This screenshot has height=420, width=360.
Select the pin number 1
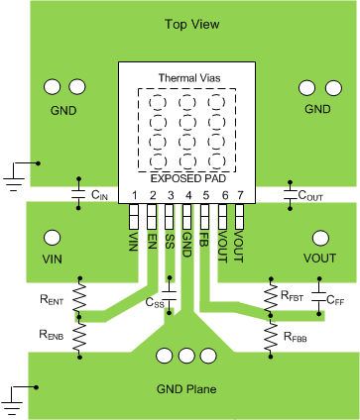click(133, 196)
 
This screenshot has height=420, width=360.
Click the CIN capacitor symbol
click(79, 195)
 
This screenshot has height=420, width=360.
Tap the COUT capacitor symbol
click(289, 195)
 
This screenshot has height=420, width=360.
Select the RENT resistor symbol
click(80, 295)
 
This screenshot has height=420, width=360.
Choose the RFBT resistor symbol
click(270, 295)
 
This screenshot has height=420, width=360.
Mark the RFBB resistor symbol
click(270, 338)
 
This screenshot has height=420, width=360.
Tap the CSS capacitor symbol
click(170, 297)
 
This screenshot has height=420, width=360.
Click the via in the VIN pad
click(51, 239)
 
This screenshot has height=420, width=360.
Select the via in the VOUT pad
click(319, 239)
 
